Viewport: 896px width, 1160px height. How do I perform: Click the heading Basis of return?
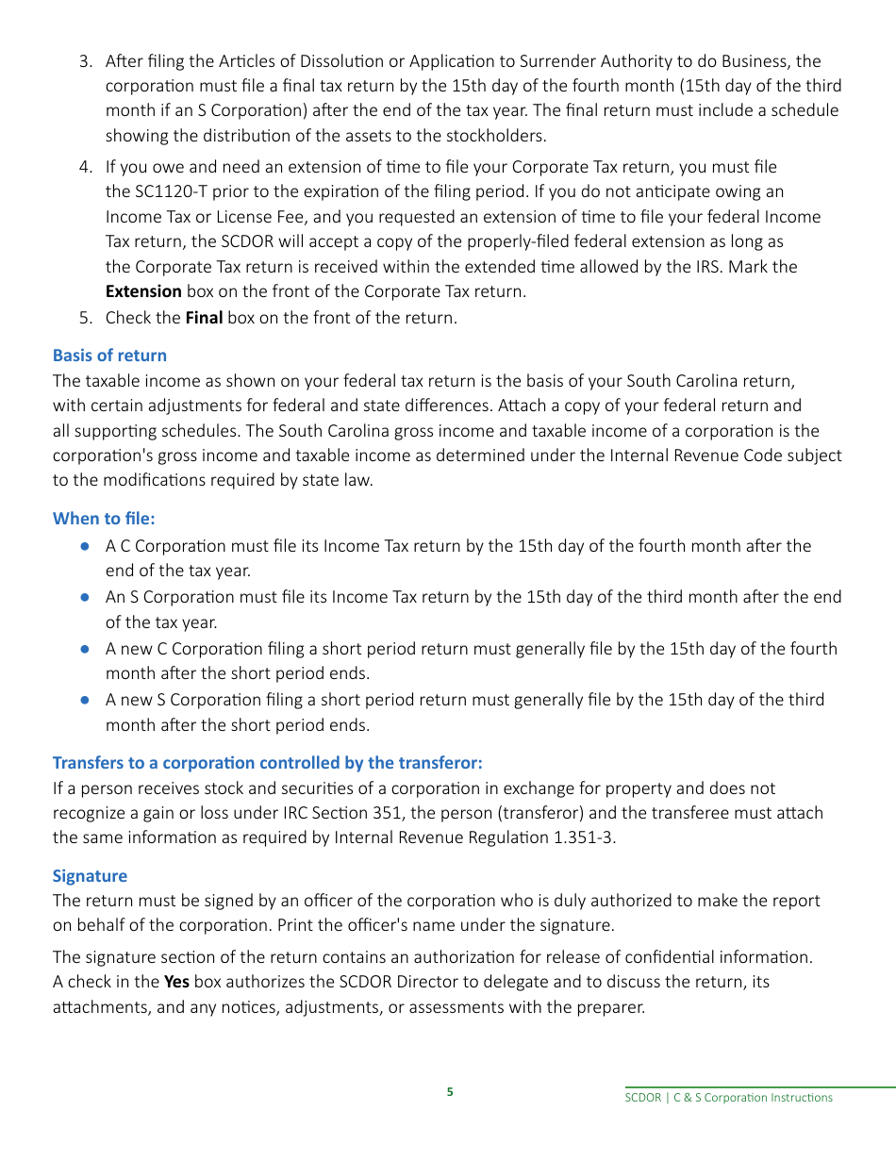(x=109, y=356)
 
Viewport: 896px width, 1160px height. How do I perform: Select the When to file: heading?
(x=104, y=518)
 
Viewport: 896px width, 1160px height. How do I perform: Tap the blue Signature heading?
(x=90, y=876)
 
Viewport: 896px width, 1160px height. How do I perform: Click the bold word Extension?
(x=143, y=291)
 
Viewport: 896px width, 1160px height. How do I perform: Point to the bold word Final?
(x=204, y=318)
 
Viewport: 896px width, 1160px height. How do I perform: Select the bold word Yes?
(x=176, y=982)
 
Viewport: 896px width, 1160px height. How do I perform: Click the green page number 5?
(x=450, y=1092)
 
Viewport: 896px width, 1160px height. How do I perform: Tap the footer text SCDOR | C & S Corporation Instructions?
(x=729, y=1098)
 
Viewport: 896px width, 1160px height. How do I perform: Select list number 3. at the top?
(x=86, y=61)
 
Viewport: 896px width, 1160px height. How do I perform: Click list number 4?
(x=86, y=167)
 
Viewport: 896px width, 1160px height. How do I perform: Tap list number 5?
(x=86, y=318)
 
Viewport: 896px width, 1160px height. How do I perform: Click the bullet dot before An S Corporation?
(x=85, y=597)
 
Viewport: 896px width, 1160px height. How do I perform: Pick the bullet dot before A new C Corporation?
(x=85, y=649)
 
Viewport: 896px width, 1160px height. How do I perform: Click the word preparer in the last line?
(x=612, y=1007)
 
